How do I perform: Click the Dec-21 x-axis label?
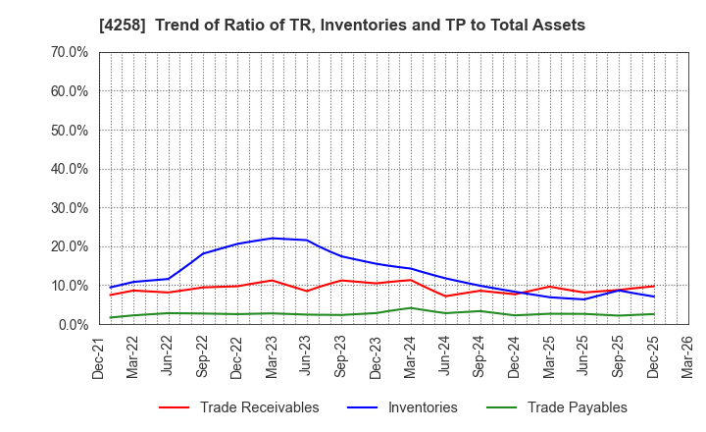(100, 358)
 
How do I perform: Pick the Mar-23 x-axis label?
(273, 358)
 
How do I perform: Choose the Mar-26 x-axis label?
(687, 358)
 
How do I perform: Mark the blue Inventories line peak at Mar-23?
(273, 238)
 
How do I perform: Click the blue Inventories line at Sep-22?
(203, 253)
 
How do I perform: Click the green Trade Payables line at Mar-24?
(411, 307)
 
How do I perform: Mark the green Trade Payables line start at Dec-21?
(110, 317)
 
